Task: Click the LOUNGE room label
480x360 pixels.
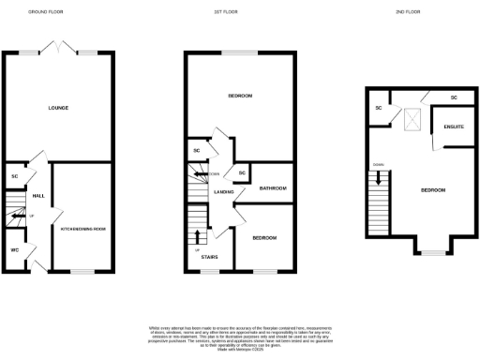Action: pos(58,108)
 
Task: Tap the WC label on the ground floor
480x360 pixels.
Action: pos(14,250)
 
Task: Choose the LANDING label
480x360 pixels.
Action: pos(223,192)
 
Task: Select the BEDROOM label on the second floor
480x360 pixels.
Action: pos(432,190)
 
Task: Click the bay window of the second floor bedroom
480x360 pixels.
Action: pos(432,252)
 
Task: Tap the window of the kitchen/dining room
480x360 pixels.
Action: pos(82,271)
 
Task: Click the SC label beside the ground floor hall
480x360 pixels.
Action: pos(15,175)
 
